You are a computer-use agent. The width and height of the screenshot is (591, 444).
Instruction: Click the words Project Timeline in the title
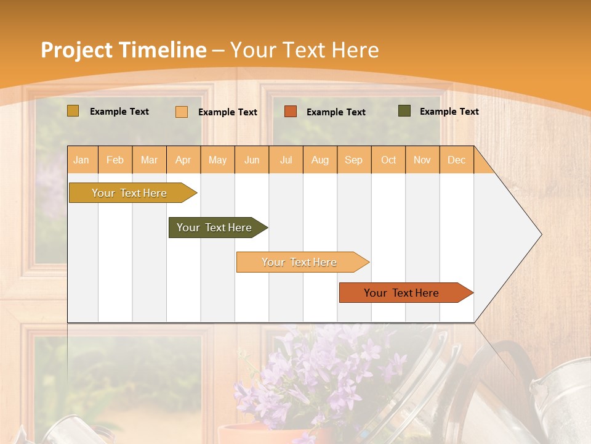pos(123,50)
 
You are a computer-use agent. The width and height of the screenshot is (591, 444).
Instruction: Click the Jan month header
pos(81,160)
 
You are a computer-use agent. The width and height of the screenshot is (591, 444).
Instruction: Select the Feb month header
pos(115,160)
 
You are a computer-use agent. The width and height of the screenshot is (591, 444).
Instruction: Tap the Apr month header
pos(183,160)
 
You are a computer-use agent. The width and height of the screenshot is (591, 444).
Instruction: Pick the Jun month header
pos(252,160)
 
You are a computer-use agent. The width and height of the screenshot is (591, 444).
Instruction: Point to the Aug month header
pos(320,160)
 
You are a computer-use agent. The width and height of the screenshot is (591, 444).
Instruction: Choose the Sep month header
pos(354,160)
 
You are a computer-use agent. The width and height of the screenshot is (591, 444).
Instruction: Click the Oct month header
pos(388,160)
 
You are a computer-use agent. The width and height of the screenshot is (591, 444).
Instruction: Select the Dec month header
pos(457,160)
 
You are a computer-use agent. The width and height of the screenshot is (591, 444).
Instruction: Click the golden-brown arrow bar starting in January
pos(129,193)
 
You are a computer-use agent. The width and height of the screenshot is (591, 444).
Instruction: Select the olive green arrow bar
pos(215,228)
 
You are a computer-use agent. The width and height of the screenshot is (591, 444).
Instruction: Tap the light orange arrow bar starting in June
pos(299,262)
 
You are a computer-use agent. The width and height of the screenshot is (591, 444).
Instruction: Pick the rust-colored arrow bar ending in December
pos(402,293)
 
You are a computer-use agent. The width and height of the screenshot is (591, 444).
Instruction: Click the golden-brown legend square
pos(73,111)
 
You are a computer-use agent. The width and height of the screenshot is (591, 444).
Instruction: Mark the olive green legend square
pos(404,111)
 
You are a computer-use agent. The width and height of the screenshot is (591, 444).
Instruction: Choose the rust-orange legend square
pos(291,112)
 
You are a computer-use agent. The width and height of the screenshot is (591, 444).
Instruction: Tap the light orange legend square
pos(182,112)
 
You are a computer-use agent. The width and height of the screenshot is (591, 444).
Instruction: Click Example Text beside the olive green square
pos(449,112)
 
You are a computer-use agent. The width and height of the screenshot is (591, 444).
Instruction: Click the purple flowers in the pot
pos(320,370)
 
